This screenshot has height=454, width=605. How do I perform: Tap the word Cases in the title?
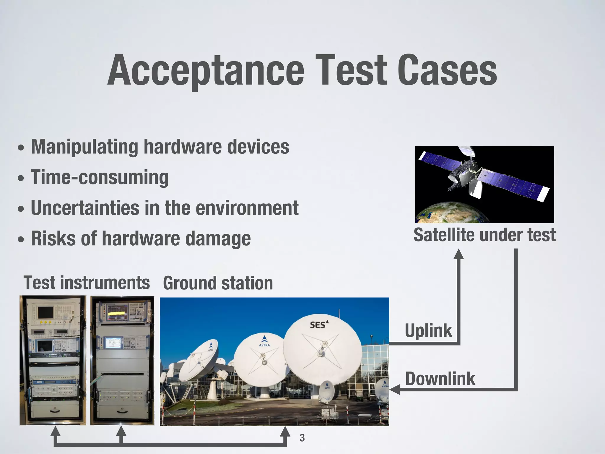447,71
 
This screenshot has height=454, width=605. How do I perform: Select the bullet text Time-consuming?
100,177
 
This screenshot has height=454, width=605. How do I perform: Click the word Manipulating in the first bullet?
84,147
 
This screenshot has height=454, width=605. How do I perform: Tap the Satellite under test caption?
484,235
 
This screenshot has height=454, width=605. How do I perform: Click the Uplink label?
428,330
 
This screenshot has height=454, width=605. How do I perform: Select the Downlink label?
440,379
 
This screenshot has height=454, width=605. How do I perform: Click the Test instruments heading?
87,283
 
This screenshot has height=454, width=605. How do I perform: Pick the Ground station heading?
218,283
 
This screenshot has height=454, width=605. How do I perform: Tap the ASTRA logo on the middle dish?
264,341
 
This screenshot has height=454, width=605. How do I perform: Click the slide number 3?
302,438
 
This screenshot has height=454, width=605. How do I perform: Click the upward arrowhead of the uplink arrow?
458,254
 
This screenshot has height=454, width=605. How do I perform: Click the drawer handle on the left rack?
55,410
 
